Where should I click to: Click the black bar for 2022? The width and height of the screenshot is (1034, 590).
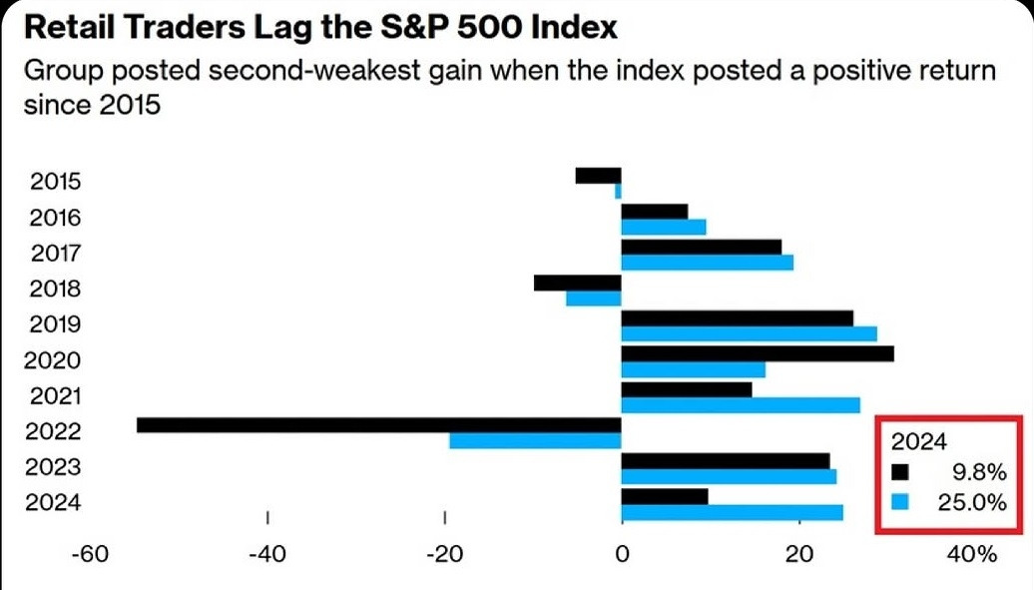pyautogui.click(x=379, y=424)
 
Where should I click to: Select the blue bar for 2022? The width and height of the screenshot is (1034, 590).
pyautogui.click(x=535, y=441)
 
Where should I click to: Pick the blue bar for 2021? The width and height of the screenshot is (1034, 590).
pyautogui.click(x=740, y=405)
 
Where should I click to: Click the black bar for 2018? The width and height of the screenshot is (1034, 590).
pyautogui.click(x=577, y=283)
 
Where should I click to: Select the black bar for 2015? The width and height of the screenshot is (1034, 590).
pyautogui.click(x=598, y=175)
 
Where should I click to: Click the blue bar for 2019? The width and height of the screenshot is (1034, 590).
pyautogui.click(x=749, y=333)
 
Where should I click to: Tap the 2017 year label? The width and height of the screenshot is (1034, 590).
pyautogui.click(x=56, y=254)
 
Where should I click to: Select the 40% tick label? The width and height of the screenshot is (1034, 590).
pyautogui.click(x=972, y=554)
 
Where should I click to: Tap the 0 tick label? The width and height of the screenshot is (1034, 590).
pyautogui.click(x=622, y=554)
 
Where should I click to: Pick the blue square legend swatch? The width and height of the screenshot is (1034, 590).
pyautogui.click(x=900, y=503)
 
